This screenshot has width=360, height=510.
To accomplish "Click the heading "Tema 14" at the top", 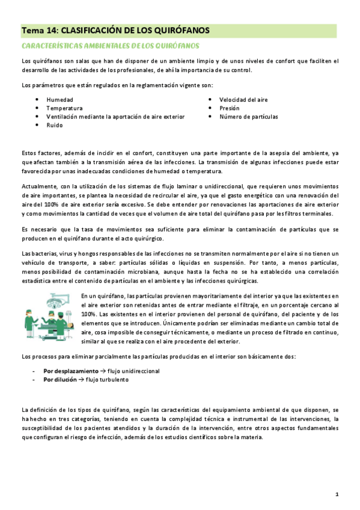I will [x=39, y=30].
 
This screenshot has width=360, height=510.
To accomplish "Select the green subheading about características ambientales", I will [x=110, y=46].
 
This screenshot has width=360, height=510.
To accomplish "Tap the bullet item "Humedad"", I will [x=60, y=99].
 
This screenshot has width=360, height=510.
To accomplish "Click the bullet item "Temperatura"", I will [x=64, y=108].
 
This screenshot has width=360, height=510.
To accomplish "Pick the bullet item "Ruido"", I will [x=54, y=125].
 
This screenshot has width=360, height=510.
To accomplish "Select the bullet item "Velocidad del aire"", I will [x=243, y=99].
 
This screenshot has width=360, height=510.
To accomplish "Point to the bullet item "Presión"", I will [x=230, y=108].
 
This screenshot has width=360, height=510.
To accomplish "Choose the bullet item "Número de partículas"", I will [x=248, y=117].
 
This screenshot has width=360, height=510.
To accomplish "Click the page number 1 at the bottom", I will [x=337, y=494].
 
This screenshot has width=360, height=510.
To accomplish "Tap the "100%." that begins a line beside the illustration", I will [x=90, y=314].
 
